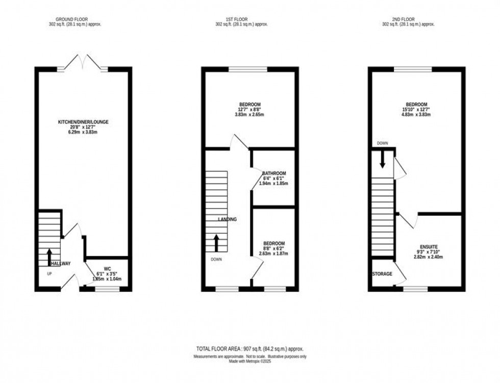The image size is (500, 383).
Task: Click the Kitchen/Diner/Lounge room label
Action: tap(83, 122)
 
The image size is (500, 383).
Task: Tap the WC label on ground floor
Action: tap(107, 269)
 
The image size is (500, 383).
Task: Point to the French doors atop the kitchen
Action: tap(83, 62)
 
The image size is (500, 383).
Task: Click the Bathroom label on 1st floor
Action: tap(274, 173)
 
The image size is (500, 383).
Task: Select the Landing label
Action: tap(227, 219)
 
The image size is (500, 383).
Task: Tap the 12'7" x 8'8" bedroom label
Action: tap(250, 105)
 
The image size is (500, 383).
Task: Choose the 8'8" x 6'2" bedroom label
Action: tap(274, 244)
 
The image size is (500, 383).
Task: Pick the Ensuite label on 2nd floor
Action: tap(430, 247)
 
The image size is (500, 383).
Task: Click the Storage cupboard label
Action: tap(382, 274)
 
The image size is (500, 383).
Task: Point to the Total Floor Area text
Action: tap(249, 349)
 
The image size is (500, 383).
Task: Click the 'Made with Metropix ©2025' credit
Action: tap(249, 362)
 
